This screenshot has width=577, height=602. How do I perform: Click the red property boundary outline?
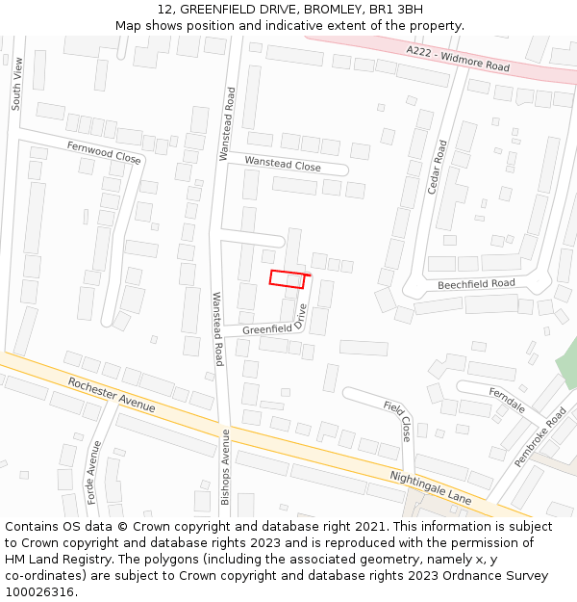(x=288, y=279)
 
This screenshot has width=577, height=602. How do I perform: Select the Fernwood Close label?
(x=104, y=151)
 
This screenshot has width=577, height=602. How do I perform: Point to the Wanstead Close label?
(x=283, y=165)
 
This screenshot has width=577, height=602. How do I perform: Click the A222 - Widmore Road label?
(x=458, y=59)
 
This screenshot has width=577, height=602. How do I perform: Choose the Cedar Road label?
(x=438, y=168)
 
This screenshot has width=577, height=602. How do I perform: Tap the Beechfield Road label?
(x=476, y=284)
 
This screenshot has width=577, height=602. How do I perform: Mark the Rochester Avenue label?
(x=112, y=395)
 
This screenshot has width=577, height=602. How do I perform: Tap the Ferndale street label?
(x=506, y=400)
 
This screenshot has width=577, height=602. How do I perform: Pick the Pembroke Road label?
(x=539, y=436)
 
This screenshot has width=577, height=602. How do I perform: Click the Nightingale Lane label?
(x=430, y=488)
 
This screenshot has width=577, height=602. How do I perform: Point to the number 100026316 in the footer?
(x=40, y=592)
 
